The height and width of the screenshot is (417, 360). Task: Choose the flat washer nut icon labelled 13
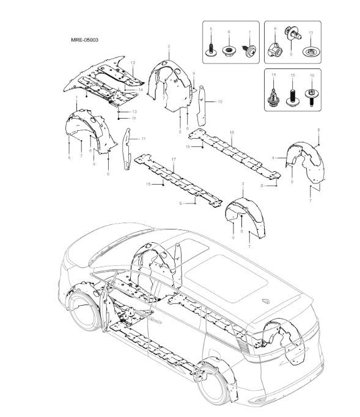tap(311, 49)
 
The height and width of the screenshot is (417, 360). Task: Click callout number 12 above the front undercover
tap(133, 64)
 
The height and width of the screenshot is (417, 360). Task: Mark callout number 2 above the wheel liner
tap(168, 46)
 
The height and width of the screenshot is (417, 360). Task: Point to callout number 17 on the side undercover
tap(174, 160)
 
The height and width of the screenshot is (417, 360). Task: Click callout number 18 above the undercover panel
tap(231, 131)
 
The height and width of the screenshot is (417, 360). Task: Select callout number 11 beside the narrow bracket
tap(143, 139)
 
